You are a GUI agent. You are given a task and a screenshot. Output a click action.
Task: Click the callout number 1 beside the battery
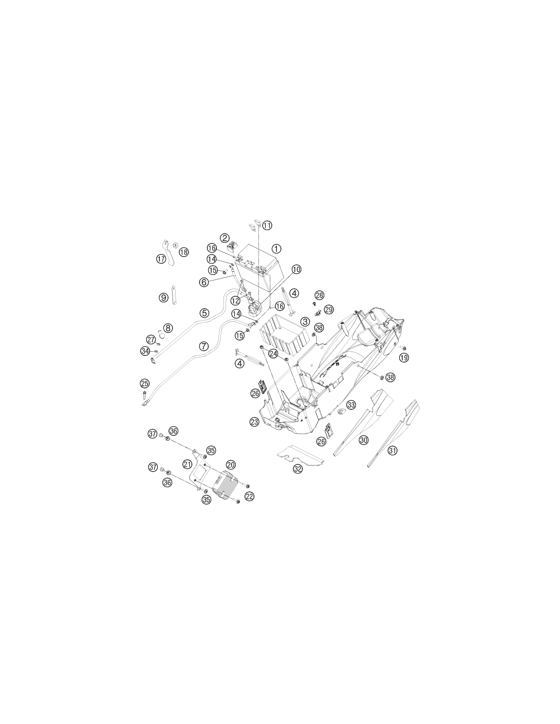(276, 248)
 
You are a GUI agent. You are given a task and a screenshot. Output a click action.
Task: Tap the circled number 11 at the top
(267, 226)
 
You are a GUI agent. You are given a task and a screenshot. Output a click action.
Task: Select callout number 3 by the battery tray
(304, 321)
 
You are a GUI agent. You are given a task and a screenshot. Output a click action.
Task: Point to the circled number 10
(296, 269)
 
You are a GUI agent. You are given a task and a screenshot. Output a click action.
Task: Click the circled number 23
(254, 422)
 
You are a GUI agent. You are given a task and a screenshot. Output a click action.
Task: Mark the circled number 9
(163, 297)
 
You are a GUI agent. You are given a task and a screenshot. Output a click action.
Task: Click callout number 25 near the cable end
(145, 383)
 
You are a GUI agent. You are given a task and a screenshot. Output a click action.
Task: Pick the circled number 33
(351, 405)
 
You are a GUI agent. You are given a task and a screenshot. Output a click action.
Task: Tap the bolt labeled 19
(402, 348)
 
